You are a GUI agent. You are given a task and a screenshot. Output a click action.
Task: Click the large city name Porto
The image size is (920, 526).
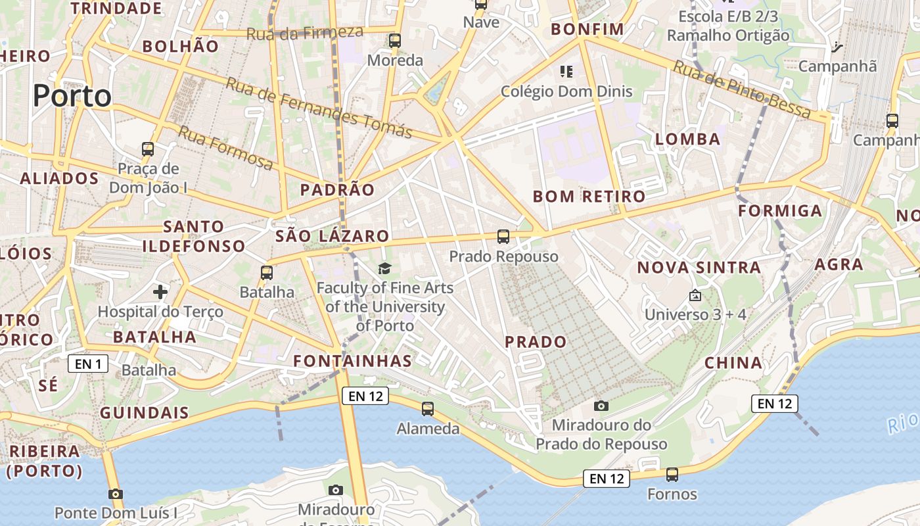(x=72, y=96)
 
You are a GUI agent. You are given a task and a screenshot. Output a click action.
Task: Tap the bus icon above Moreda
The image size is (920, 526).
(x=395, y=41)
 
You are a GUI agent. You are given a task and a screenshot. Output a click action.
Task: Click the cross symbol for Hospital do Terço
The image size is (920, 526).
(x=160, y=291)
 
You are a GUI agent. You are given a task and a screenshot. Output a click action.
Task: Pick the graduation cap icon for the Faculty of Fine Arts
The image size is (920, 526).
(x=384, y=268)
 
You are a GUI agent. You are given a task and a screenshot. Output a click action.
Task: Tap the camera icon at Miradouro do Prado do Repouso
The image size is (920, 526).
(x=601, y=406)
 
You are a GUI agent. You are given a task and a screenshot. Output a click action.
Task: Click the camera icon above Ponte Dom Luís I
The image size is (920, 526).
(x=116, y=493)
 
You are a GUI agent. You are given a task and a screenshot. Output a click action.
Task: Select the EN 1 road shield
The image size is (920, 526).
(x=88, y=364)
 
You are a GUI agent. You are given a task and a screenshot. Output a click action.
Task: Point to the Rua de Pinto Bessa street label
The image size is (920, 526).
(x=741, y=90)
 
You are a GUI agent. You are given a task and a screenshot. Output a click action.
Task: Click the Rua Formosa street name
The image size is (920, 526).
(x=225, y=148)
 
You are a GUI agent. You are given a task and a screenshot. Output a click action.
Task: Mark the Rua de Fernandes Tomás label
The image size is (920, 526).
(x=319, y=108)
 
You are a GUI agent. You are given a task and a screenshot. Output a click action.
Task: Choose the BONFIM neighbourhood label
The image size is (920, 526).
(x=587, y=29)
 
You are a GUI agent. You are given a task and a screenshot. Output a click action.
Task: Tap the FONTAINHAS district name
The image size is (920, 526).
(x=352, y=360)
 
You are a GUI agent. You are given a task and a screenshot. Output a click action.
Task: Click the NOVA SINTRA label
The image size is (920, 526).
(x=699, y=268)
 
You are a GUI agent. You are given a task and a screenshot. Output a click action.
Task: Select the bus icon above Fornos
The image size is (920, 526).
(x=672, y=474)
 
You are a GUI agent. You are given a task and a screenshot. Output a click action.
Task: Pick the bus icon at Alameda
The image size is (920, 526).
(x=428, y=409)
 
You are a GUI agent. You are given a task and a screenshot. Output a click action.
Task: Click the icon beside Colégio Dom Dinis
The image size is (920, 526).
(x=566, y=71)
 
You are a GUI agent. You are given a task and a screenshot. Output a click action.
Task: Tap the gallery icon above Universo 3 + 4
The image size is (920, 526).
(x=695, y=295)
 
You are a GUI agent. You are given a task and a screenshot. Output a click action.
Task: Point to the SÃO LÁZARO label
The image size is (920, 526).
(x=333, y=236)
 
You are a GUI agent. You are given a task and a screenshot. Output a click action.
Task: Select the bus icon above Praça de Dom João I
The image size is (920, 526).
(x=148, y=149)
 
